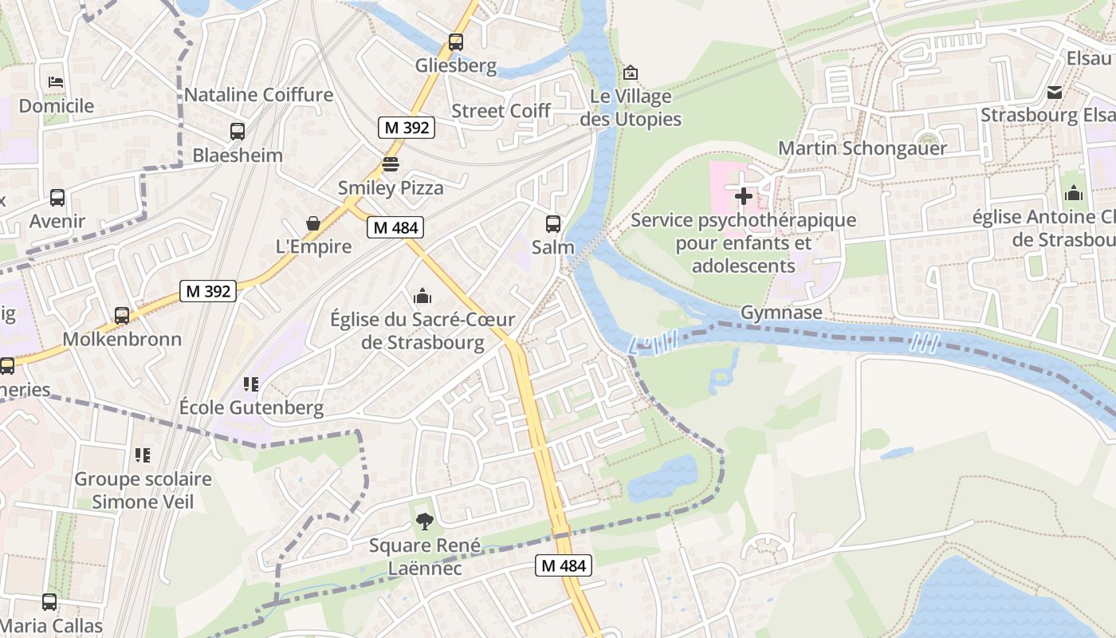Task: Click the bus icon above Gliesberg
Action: tap(456, 42)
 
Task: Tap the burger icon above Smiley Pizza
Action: tap(390, 165)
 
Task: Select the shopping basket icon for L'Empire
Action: tap(313, 223)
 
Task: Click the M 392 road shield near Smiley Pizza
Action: tap(407, 127)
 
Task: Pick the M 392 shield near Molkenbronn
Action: tap(208, 291)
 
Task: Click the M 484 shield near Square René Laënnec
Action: tap(564, 565)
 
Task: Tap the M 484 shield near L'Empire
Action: tap(395, 227)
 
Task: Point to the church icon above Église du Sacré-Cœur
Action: tap(422, 297)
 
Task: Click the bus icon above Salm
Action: tap(553, 224)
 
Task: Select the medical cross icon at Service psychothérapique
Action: tap(744, 196)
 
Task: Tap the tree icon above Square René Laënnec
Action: tap(425, 522)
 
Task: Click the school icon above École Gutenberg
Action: tap(251, 384)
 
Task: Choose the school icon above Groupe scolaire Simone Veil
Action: tap(143, 455)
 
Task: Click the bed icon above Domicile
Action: tap(56, 82)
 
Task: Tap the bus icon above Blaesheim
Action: tap(238, 132)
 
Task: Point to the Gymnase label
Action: tap(781, 313)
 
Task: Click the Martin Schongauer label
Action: tap(863, 148)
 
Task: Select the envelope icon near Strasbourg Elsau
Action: tap(1055, 93)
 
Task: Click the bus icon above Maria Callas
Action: tap(49, 602)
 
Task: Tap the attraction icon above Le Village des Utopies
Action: tap(631, 73)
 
